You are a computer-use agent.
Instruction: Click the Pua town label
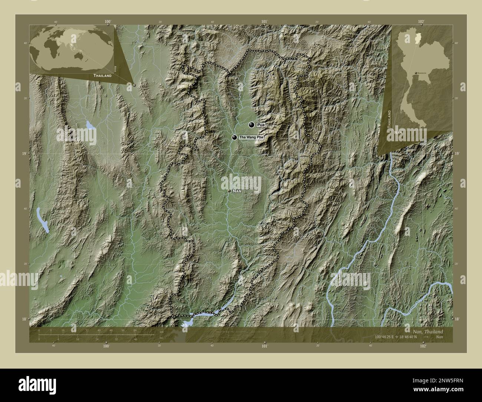click(x=261, y=125)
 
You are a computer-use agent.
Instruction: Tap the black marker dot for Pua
click(x=252, y=125)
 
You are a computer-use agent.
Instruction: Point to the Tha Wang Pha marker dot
click(x=234, y=138)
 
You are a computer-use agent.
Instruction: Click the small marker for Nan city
click(x=230, y=191)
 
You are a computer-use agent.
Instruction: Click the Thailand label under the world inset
click(x=102, y=76)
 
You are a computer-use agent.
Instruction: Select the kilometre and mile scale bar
click(x=96, y=335)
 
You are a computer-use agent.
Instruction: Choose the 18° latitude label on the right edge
click(x=457, y=319)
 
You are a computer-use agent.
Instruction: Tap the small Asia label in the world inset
click(x=116, y=68)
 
